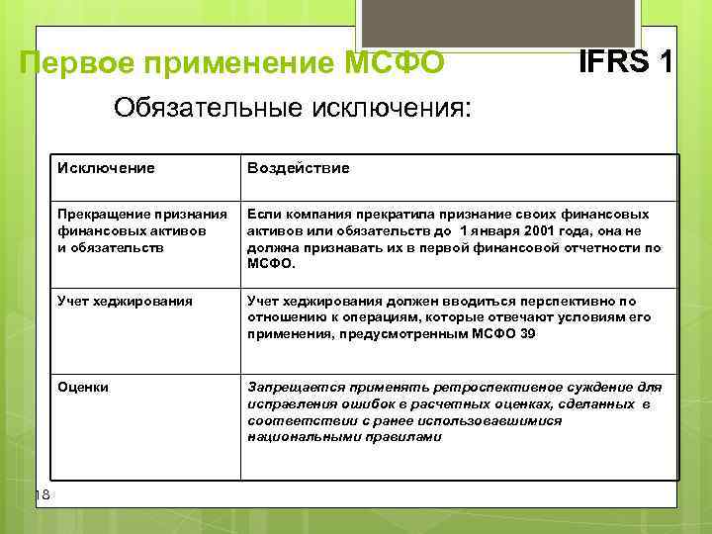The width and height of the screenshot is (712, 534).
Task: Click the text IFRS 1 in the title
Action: (x=626, y=61)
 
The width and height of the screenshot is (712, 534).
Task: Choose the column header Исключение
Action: (x=106, y=168)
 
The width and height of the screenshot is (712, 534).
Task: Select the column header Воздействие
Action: (x=298, y=168)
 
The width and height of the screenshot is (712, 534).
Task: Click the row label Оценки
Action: (x=83, y=387)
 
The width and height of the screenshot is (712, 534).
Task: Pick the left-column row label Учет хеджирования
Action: (x=111, y=300)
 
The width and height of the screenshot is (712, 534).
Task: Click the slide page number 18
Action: (x=43, y=494)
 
